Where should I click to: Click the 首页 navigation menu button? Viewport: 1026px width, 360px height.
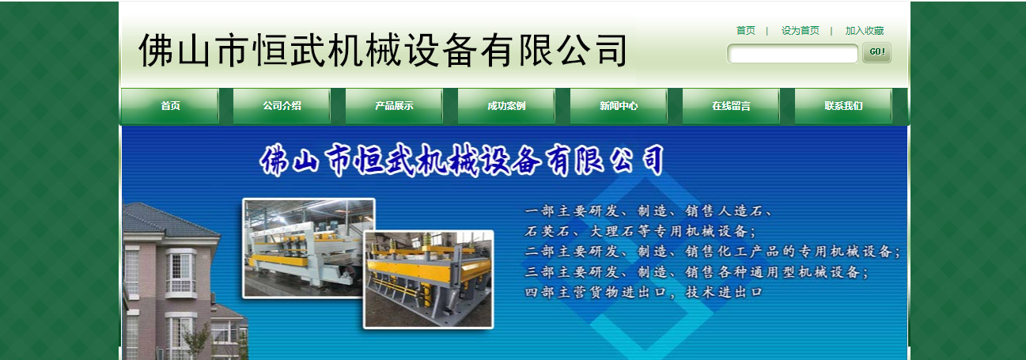click(170, 106)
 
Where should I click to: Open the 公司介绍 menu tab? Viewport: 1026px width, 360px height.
click(282, 106)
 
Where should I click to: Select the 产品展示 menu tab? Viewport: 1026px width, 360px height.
click(394, 106)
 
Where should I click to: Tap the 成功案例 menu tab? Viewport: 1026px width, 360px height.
click(506, 106)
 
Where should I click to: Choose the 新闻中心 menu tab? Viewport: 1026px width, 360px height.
click(619, 106)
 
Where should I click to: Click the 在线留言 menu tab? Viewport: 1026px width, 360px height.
click(731, 106)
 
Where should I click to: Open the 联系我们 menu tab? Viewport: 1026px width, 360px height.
click(843, 106)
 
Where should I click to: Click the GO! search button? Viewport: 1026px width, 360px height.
click(876, 53)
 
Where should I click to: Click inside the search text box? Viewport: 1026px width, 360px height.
click(793, 54)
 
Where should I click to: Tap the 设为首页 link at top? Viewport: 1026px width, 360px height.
click(800, 31)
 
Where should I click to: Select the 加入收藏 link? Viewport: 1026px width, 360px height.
click(864, 31)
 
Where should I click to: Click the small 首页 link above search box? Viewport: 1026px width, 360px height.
click(745, 31)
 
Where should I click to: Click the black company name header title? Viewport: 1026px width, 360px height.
click(383, 50)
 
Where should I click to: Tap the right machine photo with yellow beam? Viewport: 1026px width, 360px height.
click(428, 279)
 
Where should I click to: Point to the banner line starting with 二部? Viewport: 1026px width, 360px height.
click(713, 252)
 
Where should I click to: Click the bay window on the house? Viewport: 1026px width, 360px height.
click(180, 273)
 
